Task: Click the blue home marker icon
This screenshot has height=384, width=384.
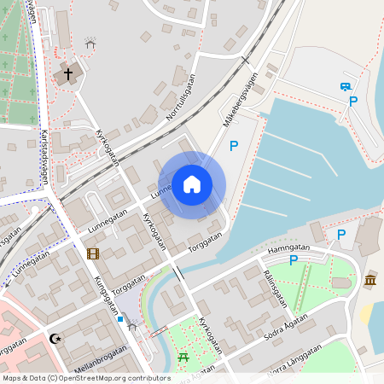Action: pyautogui.click(x=191, y=184)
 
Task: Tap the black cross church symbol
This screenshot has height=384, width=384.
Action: pyautogui.click(x=67, y=74)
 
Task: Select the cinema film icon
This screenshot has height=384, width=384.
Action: pyautogui.click(x=92, y=253)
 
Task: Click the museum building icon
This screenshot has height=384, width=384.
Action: pyautogui.click(x=369, y=281)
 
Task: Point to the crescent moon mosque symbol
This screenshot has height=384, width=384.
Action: pyautogui.click(x=57, y=340)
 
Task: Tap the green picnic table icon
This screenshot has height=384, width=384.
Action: pyautogui.click(x=183, y=358)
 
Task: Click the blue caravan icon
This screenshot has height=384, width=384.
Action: pyautogui.click(x=346, y=86)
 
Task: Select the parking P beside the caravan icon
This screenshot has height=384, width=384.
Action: pyautogui.click(x=352, y=102)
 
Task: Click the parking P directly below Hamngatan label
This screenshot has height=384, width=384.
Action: pyautogui.click(x=294, y=260)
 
